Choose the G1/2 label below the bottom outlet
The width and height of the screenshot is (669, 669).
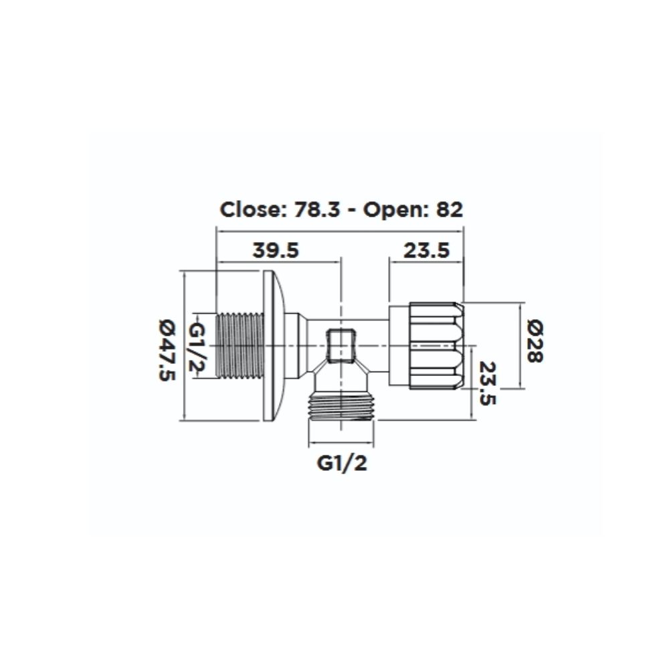pos(342,464)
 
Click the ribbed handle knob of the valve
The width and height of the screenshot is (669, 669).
pos(435,346)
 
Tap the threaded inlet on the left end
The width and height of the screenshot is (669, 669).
pos(239,346)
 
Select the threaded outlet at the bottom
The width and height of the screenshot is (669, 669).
pos(341,406)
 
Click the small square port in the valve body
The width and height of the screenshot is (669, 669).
pos(342,345)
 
